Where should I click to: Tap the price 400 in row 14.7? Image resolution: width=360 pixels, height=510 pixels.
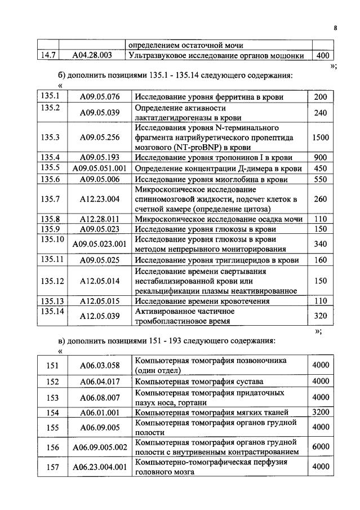coord(322,56)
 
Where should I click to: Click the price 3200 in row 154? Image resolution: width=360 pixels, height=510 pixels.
coord(321,413)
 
